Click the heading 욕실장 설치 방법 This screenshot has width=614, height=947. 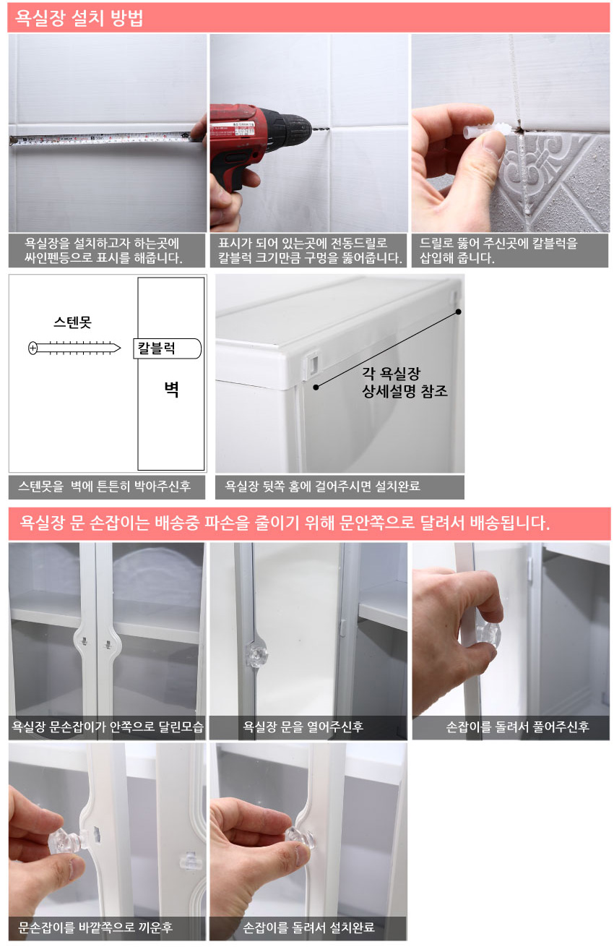(79, 18)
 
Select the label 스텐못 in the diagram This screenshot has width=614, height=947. (72, 322)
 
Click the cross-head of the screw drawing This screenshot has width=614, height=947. (33, 348)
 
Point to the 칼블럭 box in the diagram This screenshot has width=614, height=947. (168, 348)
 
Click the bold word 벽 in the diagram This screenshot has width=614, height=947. (172, 389)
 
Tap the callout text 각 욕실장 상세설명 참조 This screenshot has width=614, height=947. (404, 382)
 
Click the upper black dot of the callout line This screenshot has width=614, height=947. (459, 312)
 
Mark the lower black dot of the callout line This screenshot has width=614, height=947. (316, 387)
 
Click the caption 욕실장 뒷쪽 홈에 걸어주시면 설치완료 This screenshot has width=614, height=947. (322, 487)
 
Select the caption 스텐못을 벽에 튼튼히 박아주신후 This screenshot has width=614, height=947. (104, 487)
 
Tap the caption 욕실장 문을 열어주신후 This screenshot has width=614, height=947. (303, 727)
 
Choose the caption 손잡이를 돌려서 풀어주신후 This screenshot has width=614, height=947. (518, 727)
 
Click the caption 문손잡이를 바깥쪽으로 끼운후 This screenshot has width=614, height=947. (95, 927)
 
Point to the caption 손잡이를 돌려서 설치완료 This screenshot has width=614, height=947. (308, 927)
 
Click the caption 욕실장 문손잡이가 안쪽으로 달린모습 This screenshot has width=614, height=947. (108, 727)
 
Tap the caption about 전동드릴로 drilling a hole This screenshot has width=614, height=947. (309, 250)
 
